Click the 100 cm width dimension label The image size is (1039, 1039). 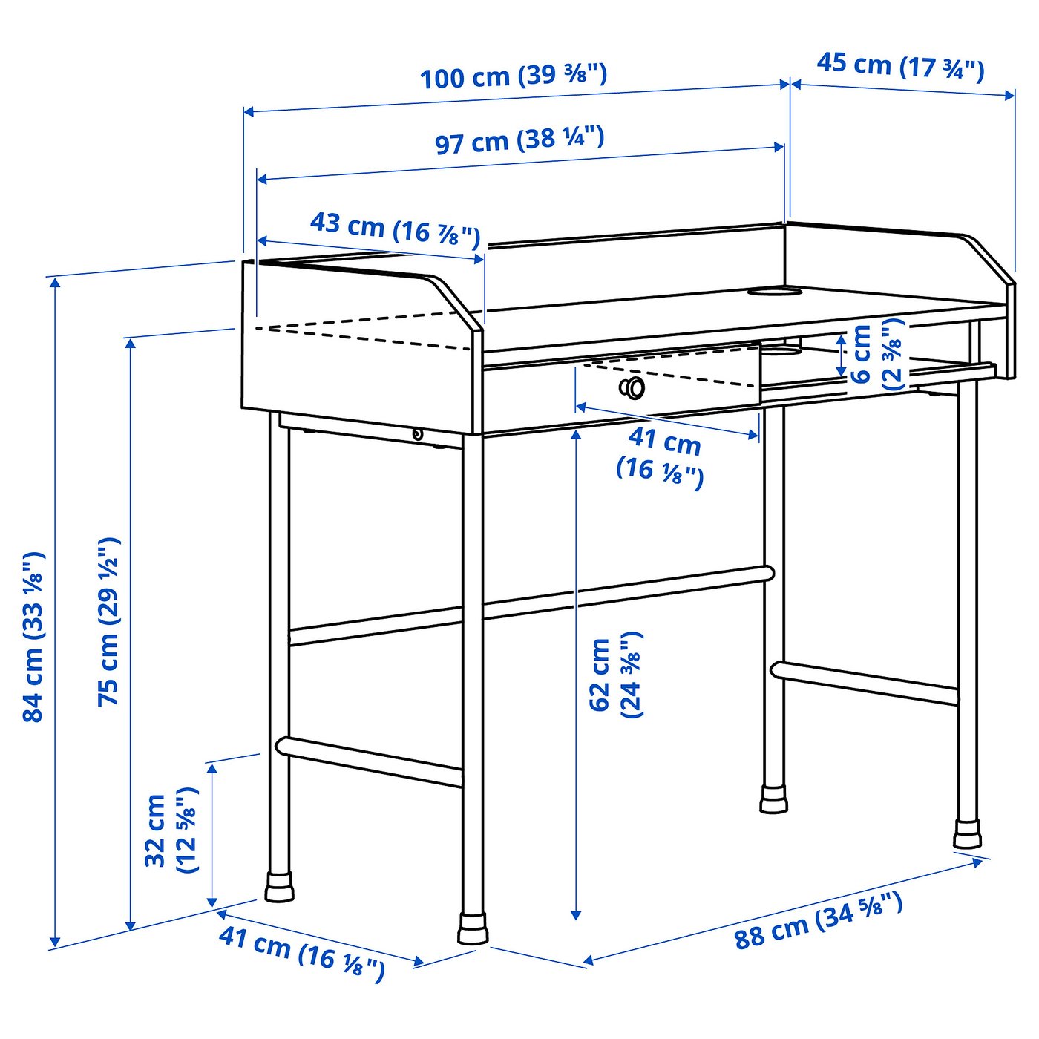click(514, 76)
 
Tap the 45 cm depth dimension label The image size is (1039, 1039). click(900, 66)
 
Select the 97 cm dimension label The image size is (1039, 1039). click(519, 140)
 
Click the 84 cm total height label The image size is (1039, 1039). click(33, 636)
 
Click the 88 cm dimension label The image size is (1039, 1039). click(818, 921)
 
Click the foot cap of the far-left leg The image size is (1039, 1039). click(279, 888)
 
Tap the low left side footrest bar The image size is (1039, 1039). click(369, 760)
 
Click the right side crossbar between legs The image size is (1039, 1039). click(865, 682)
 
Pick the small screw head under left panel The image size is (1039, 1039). click(417, 434)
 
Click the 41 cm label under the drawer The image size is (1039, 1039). click(660, 454)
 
